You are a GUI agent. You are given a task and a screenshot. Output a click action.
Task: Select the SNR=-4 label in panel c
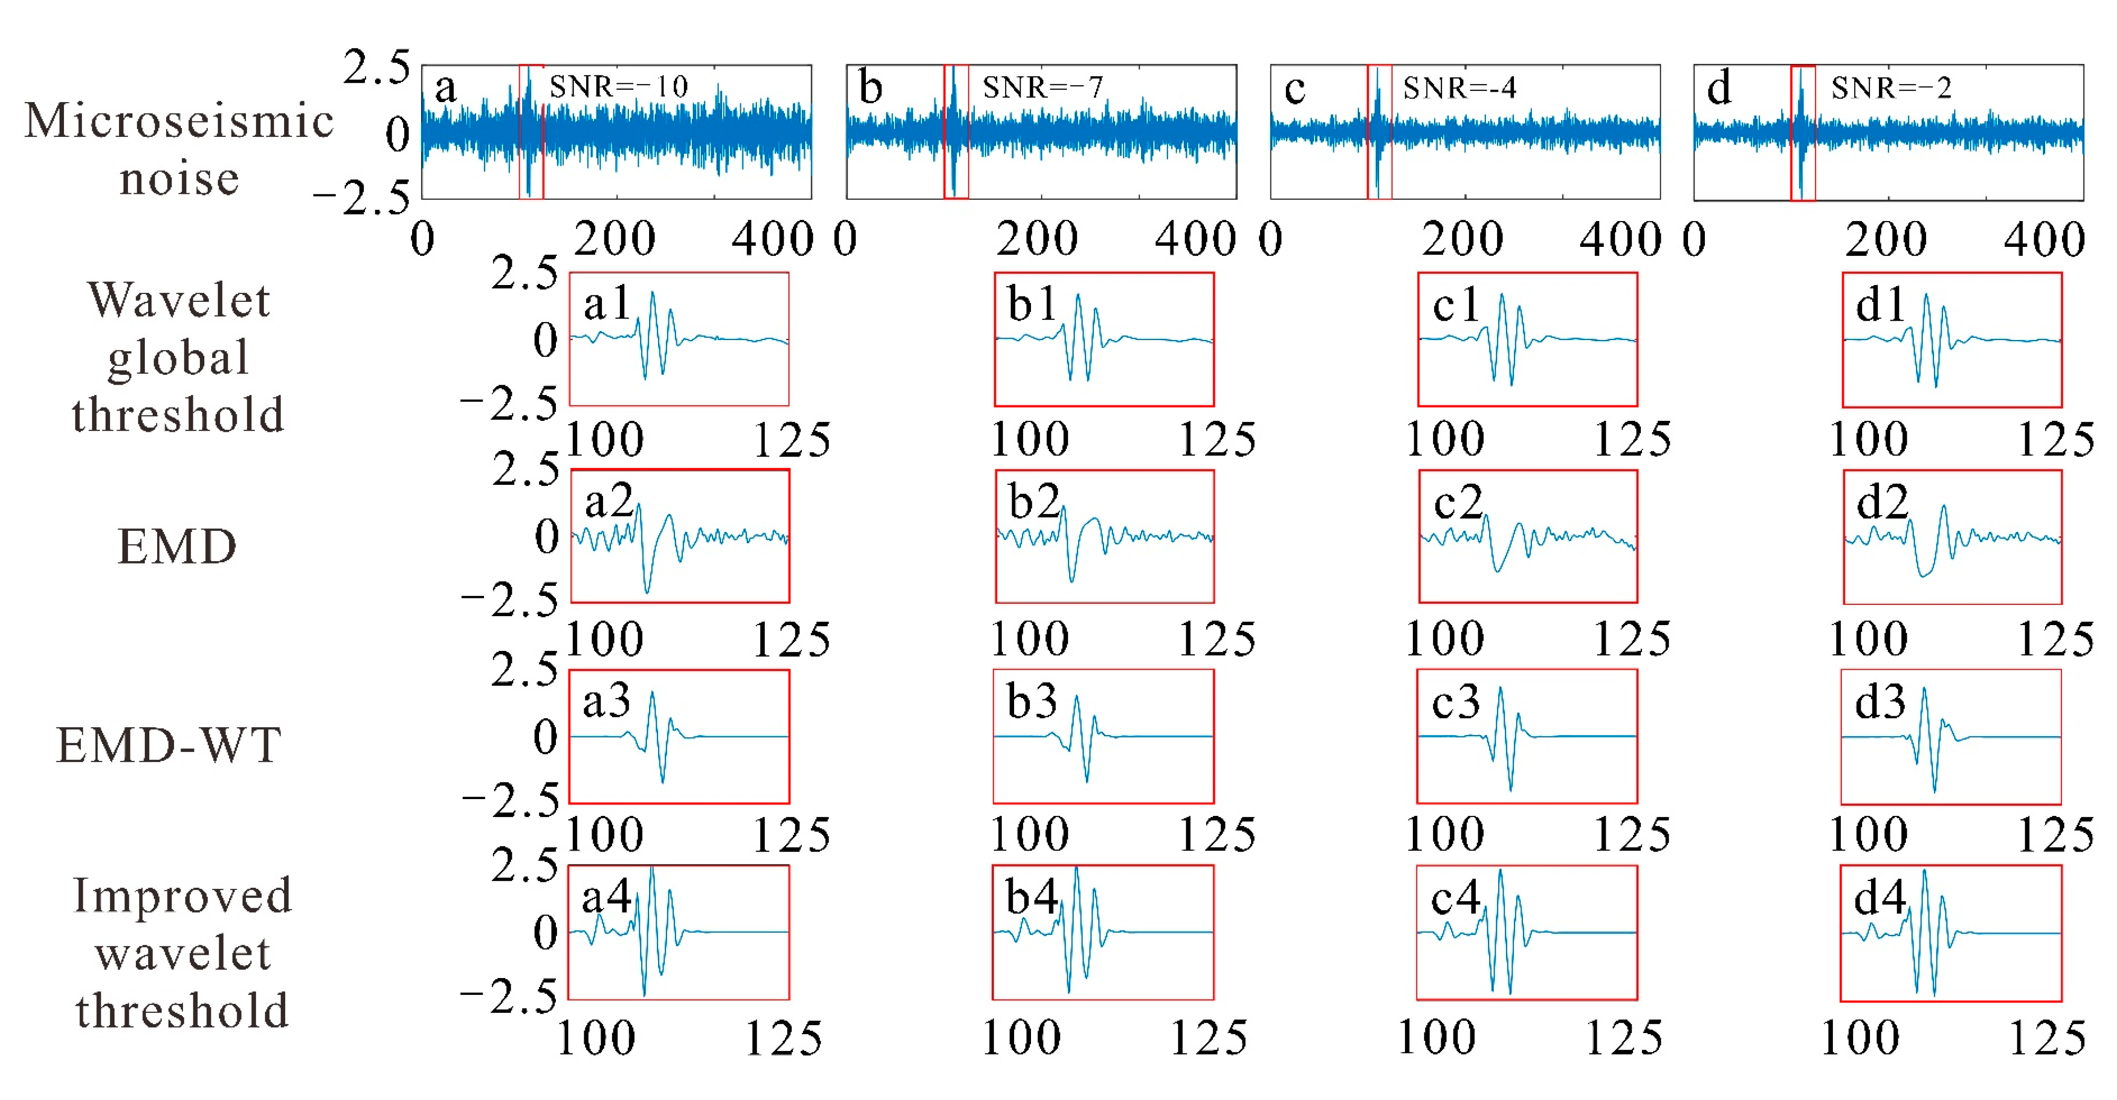[1459, 87]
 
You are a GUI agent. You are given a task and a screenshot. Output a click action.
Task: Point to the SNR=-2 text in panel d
[1890, 87]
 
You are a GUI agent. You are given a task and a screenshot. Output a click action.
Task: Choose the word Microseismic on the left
[179, 121]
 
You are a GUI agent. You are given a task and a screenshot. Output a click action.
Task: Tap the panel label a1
[606, 303]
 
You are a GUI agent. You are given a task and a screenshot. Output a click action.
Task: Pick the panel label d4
[1879, 897]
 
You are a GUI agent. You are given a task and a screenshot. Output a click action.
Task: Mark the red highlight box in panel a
[531, 131]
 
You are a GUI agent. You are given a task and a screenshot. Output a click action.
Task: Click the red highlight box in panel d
[1802, 132]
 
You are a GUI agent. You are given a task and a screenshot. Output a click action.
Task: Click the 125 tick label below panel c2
[1632, 639]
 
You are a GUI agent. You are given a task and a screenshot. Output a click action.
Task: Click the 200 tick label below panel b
[1037, 239]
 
